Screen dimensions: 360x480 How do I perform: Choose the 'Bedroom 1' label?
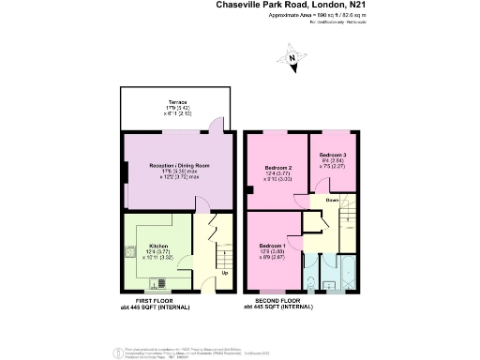click(x=273, y=246)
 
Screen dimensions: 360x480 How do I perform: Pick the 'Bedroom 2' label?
click(x=279, y=168)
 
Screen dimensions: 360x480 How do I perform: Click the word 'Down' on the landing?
click(x=332, y=199)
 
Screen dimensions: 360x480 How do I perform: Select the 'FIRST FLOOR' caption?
click(x=155, y=300)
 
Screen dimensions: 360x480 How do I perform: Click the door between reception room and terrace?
click(x=216, y=129)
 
